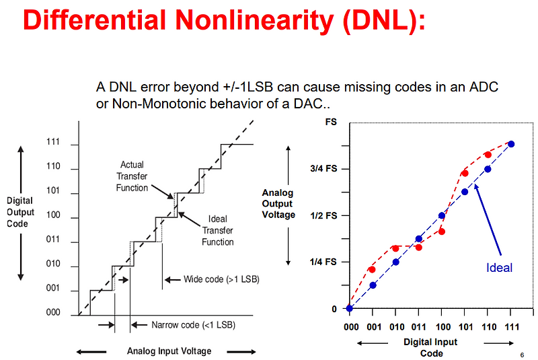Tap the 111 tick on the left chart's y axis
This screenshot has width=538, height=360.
[54, 142]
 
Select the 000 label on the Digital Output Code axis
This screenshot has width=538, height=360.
[54, 313]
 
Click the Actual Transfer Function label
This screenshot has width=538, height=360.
[132, 176]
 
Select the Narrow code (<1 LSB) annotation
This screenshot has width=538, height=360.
[193, 325]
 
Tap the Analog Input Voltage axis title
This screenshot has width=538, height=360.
[169, 351]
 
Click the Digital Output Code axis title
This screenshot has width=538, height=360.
[20, 212]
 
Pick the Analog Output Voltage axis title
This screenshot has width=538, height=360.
[278, 204]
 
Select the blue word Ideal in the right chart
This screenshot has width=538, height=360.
[499, 268]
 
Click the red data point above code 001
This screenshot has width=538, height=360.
[372, 269]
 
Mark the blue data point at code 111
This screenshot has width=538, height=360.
[511, 144]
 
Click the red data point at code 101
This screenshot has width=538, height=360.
[465, 173]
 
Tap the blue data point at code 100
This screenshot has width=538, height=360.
[442, 216]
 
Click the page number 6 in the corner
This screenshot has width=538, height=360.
[522, 355]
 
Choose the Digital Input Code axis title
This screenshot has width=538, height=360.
[430, 347]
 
